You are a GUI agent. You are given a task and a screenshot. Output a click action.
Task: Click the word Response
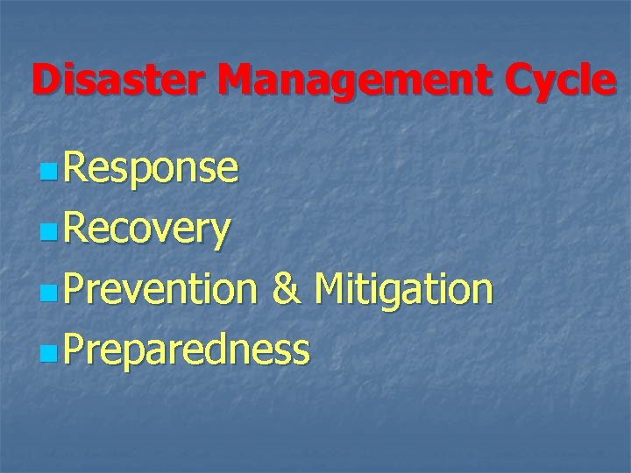(x=150, y=169)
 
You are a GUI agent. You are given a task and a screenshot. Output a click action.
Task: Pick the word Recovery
(x=147, y=229)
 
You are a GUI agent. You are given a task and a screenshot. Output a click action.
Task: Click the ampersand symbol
(x=286, y=289)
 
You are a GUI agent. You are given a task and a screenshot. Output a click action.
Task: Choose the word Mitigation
(x=403, y=289)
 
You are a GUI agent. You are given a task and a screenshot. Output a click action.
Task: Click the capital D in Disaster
(x=47, y=81)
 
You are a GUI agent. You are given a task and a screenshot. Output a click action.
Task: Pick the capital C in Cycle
(x=514, y=81)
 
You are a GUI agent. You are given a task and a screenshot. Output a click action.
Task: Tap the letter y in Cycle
(x=546, y=85)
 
